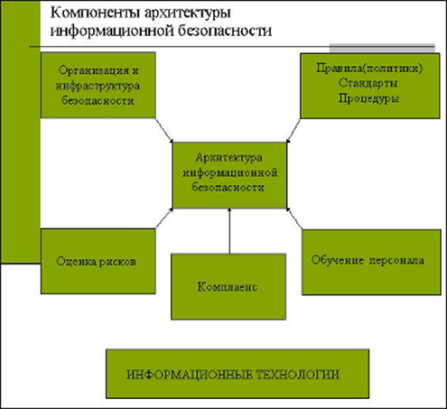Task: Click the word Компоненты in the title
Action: [95, 14]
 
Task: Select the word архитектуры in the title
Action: [188, 14]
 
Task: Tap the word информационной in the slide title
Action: [112, 31]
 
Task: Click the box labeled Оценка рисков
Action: [98, 261]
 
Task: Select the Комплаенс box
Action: [228, 286]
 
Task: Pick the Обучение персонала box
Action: [371, 262]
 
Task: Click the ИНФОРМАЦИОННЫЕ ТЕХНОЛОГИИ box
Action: [237, 374]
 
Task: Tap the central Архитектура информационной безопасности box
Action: [229, 175]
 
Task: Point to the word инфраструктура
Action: [98, 87]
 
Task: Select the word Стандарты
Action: [368, 82]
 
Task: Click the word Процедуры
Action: [368, 98]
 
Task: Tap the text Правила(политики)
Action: [369, 68]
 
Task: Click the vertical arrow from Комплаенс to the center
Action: [229, 231]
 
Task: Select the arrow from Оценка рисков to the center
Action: [164, 218]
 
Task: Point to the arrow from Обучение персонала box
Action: [294, 218]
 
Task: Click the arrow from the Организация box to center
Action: [164, 130]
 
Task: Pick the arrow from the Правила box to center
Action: [293, 130]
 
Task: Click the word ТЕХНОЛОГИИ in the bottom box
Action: [297, 375]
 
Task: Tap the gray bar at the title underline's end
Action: [382, 47]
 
